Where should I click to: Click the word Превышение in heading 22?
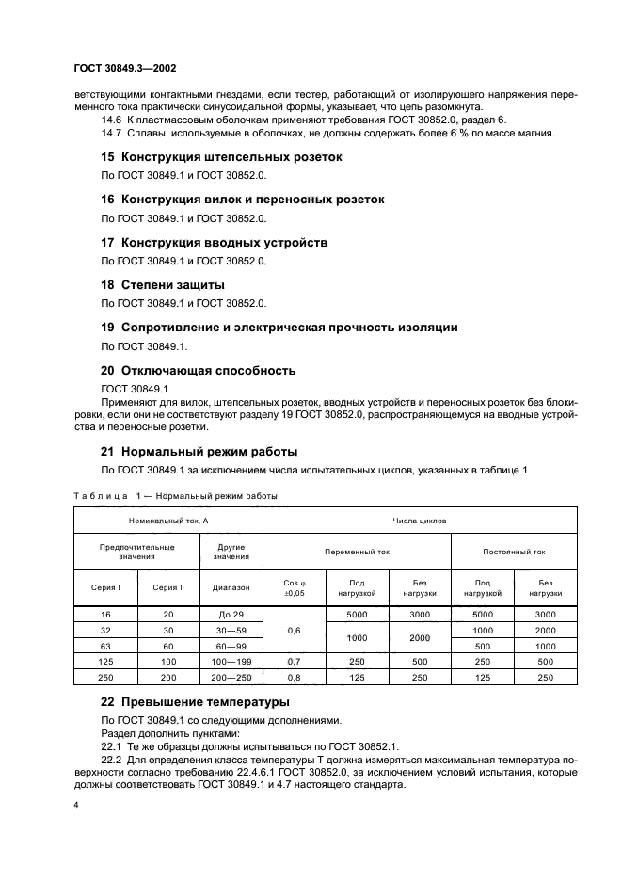167,702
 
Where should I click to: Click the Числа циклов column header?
419,519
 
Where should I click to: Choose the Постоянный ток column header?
514,553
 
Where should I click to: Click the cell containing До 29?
231,614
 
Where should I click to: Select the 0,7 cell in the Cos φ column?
293,663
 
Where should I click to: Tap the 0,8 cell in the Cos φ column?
293,679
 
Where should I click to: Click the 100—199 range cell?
231,663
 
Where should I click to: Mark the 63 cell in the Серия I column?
105,647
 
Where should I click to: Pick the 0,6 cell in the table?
293,630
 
